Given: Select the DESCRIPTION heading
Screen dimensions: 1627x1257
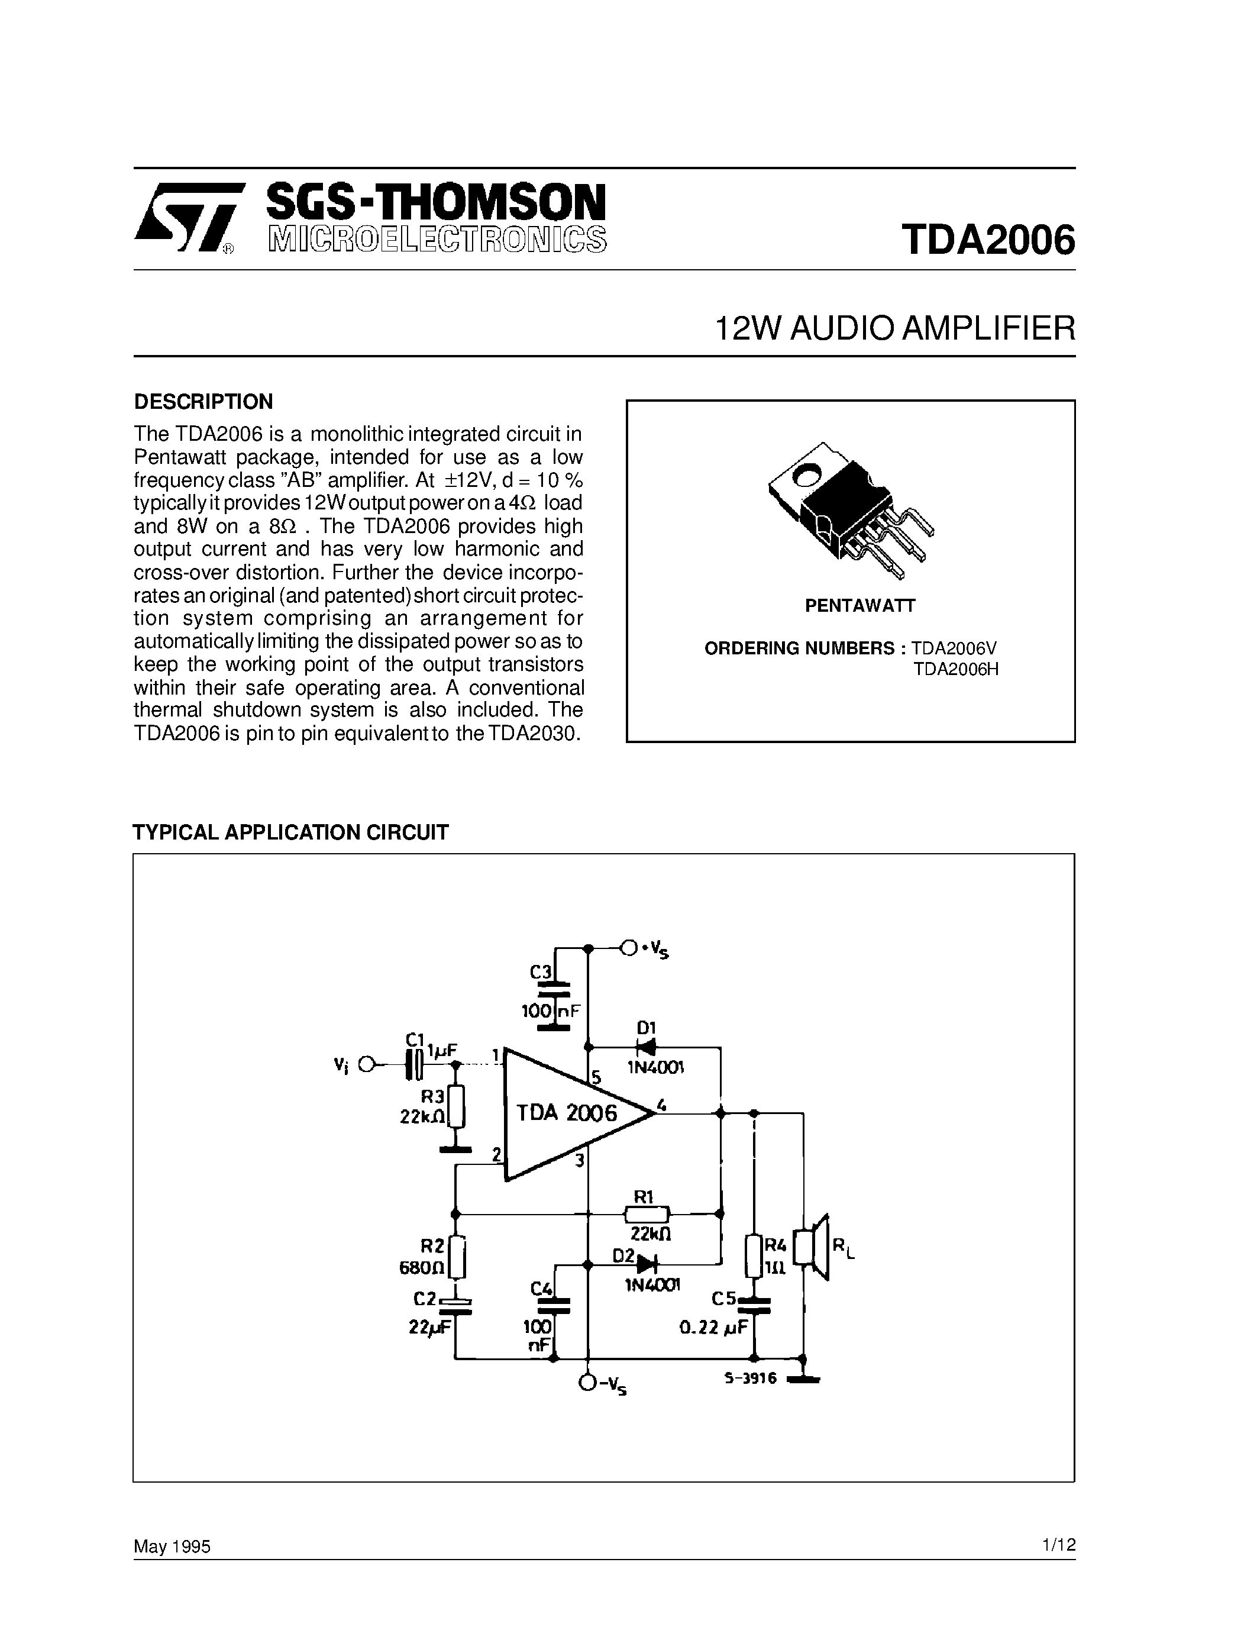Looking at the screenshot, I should click(x=203, y=402).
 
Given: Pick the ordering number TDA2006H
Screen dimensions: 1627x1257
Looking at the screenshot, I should click(x=955, y=669).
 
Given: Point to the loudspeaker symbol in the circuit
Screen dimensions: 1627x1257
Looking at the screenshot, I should click(x=813, y=1247).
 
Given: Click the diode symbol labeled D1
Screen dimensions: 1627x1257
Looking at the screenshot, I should click(x=645, y=1047).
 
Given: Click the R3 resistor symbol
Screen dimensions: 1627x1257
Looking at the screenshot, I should click(x=457, y=1107).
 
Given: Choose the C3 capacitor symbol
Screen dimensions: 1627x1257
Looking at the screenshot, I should click(x=552, y=989).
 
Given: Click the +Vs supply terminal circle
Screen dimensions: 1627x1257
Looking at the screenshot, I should click(x=628, y=948).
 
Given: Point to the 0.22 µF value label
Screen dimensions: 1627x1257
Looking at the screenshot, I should click(x=713, y=1327).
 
